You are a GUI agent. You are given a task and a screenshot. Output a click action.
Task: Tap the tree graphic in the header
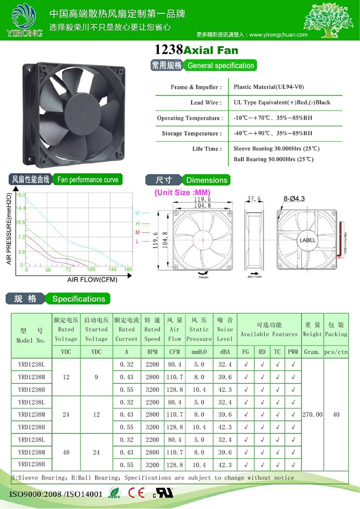[x=327, y=20]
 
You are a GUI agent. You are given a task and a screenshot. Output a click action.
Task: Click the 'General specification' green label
[x=220, y=65]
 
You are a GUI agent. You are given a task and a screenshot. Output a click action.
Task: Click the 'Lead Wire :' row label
[x=205, y=102]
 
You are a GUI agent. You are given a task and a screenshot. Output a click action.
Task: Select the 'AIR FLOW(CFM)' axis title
[x=92, y=279]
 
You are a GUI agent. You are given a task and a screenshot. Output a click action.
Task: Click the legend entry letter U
[x=137, y=213]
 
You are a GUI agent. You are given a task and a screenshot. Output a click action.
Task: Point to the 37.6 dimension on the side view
[x=255, y=199]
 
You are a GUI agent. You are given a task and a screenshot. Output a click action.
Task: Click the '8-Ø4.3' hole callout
[x=294, y=198]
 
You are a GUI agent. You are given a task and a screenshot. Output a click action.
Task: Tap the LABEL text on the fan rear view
[x=308, y=240]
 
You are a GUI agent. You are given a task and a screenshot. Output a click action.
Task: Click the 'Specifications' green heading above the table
[x=79, y=299]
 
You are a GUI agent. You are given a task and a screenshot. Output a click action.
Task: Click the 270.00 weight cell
[x=312, y=414]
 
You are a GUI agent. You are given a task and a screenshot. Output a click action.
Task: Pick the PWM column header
[x=292, y=352]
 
